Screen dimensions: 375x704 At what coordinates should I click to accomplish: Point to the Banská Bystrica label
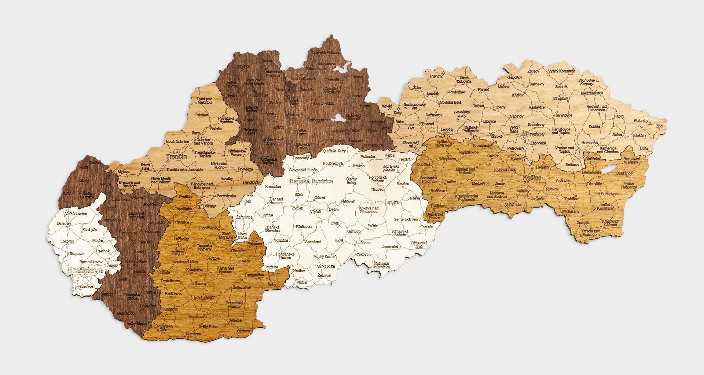point(311,181)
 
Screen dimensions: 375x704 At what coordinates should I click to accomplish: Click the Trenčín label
point(176,156)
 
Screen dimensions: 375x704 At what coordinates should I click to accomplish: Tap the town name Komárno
point(193,334)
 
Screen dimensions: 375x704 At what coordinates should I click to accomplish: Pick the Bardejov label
point(537,84)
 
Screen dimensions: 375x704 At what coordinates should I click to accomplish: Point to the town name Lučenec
point(363,243)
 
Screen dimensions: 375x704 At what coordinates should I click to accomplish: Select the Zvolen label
point(297,208)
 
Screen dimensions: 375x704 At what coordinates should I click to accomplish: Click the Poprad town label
point(428,124)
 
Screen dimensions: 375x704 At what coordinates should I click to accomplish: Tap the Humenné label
point(589,143)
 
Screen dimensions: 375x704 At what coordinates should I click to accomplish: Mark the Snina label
point(617,135)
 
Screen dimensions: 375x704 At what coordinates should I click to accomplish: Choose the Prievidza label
point(245,170)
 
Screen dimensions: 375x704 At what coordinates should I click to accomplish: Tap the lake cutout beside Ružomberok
point(339,118)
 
